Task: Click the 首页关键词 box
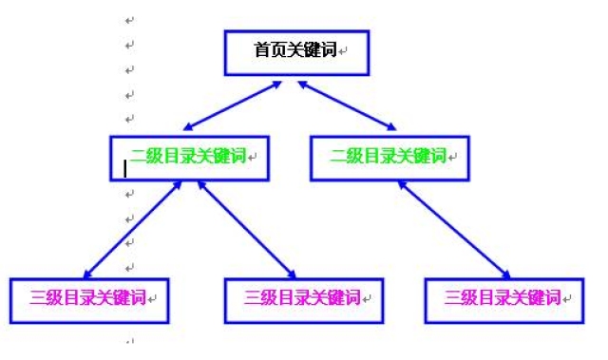coord(294,52)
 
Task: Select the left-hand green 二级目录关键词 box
coord(188,158)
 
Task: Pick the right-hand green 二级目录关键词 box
coord(390,158)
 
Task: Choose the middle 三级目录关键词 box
coord(303,300)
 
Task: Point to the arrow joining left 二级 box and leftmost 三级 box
coord(133,229)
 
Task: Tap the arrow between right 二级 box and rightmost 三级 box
coord(452,229)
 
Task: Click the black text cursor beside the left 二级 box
coord(124,168)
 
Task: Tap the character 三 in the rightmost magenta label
coord(453,297)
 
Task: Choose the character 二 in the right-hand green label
coord(338,156)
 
